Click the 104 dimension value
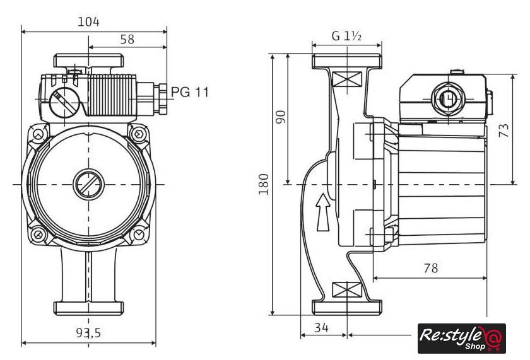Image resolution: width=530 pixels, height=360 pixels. [88, 21]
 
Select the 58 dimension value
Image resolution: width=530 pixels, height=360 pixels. [127, 39]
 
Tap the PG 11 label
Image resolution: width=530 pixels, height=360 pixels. [189, 92]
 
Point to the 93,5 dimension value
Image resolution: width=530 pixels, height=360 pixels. [88, 333]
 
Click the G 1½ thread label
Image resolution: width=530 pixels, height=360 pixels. [346, 36]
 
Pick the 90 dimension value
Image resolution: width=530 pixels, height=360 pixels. [281, 117]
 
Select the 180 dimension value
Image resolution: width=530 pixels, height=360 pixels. [264, 184]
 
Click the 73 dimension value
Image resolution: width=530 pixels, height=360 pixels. [503, 129]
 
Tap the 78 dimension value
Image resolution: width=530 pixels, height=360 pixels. [430, 268]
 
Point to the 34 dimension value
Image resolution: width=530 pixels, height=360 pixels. [321, 327]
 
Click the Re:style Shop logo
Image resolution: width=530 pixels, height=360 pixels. [461, 338]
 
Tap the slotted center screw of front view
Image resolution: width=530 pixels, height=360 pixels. [88, 184]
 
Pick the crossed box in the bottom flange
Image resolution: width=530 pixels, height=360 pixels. [346, 291]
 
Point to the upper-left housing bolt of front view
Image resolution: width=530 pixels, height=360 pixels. [39, 134]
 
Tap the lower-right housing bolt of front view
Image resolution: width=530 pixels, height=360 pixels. [138, 235]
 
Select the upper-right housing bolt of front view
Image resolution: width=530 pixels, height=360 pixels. [138, 134]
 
